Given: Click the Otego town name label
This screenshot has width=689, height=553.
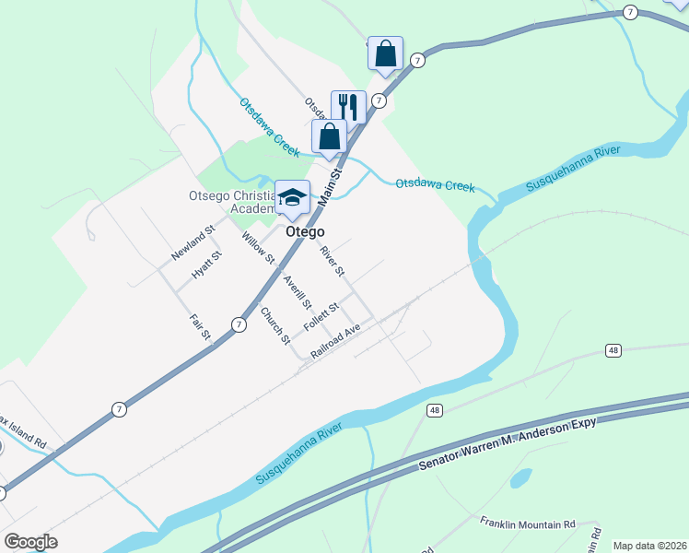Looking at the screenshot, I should click(305, 231).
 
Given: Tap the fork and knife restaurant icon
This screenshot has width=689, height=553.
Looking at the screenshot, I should click(348, 106).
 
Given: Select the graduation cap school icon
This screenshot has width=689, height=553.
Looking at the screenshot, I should click(292, 197).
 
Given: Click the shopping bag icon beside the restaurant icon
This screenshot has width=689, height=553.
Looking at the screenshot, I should click(329, 135).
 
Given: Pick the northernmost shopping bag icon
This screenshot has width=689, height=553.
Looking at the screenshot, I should click(385, 53).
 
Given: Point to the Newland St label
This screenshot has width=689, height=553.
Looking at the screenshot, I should click(193, 241).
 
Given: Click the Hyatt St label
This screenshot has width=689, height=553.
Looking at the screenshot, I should click(206, 265).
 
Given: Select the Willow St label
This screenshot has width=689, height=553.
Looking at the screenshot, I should click(251, 248).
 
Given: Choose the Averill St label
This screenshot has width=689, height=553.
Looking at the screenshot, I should click(298, 292).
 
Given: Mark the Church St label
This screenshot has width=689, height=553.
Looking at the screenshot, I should click(274, 325).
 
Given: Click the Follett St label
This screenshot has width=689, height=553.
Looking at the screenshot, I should click(321, 318).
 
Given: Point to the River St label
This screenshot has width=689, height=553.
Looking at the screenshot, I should click(332, 262).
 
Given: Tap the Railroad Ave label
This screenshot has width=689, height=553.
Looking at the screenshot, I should click(334, 341).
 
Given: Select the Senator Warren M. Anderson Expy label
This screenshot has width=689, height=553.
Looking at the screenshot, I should click(509, 443).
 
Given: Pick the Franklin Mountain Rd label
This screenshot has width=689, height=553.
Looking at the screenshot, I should click(527, 523).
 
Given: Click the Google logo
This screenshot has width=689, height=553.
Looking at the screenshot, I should click(30, 542).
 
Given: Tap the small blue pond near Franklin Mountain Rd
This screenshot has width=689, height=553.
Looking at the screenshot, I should click(520, 478).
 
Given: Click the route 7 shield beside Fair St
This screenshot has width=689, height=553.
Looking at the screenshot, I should click(239, 324).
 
